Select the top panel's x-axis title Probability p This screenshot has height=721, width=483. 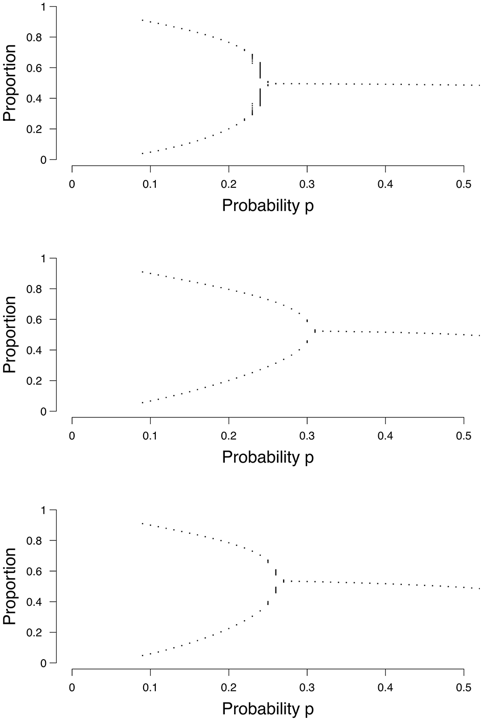268,206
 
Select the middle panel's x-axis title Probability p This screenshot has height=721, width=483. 268,457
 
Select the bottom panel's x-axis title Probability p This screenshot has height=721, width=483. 268,709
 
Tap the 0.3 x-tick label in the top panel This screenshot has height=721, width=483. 307,184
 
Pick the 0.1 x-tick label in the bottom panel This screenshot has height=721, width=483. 150,687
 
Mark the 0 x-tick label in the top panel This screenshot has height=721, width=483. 72,184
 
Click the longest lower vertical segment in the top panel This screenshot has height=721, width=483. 260,97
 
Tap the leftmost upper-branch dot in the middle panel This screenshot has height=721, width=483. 142,272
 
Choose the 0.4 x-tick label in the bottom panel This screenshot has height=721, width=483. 385,687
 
